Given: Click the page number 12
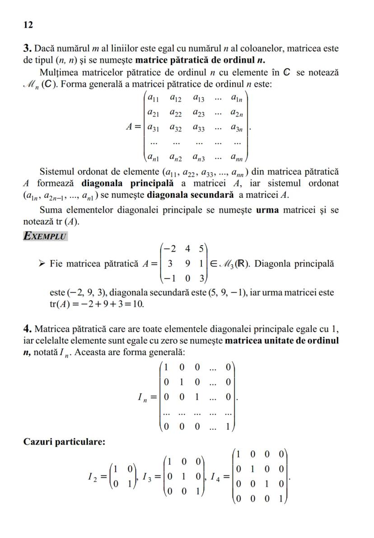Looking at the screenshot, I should click(28, 25).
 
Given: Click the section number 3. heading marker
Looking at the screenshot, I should click(27, 48).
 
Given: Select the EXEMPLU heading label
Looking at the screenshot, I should click(45, 236).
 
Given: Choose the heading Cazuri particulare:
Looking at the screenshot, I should click(64, 442).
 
